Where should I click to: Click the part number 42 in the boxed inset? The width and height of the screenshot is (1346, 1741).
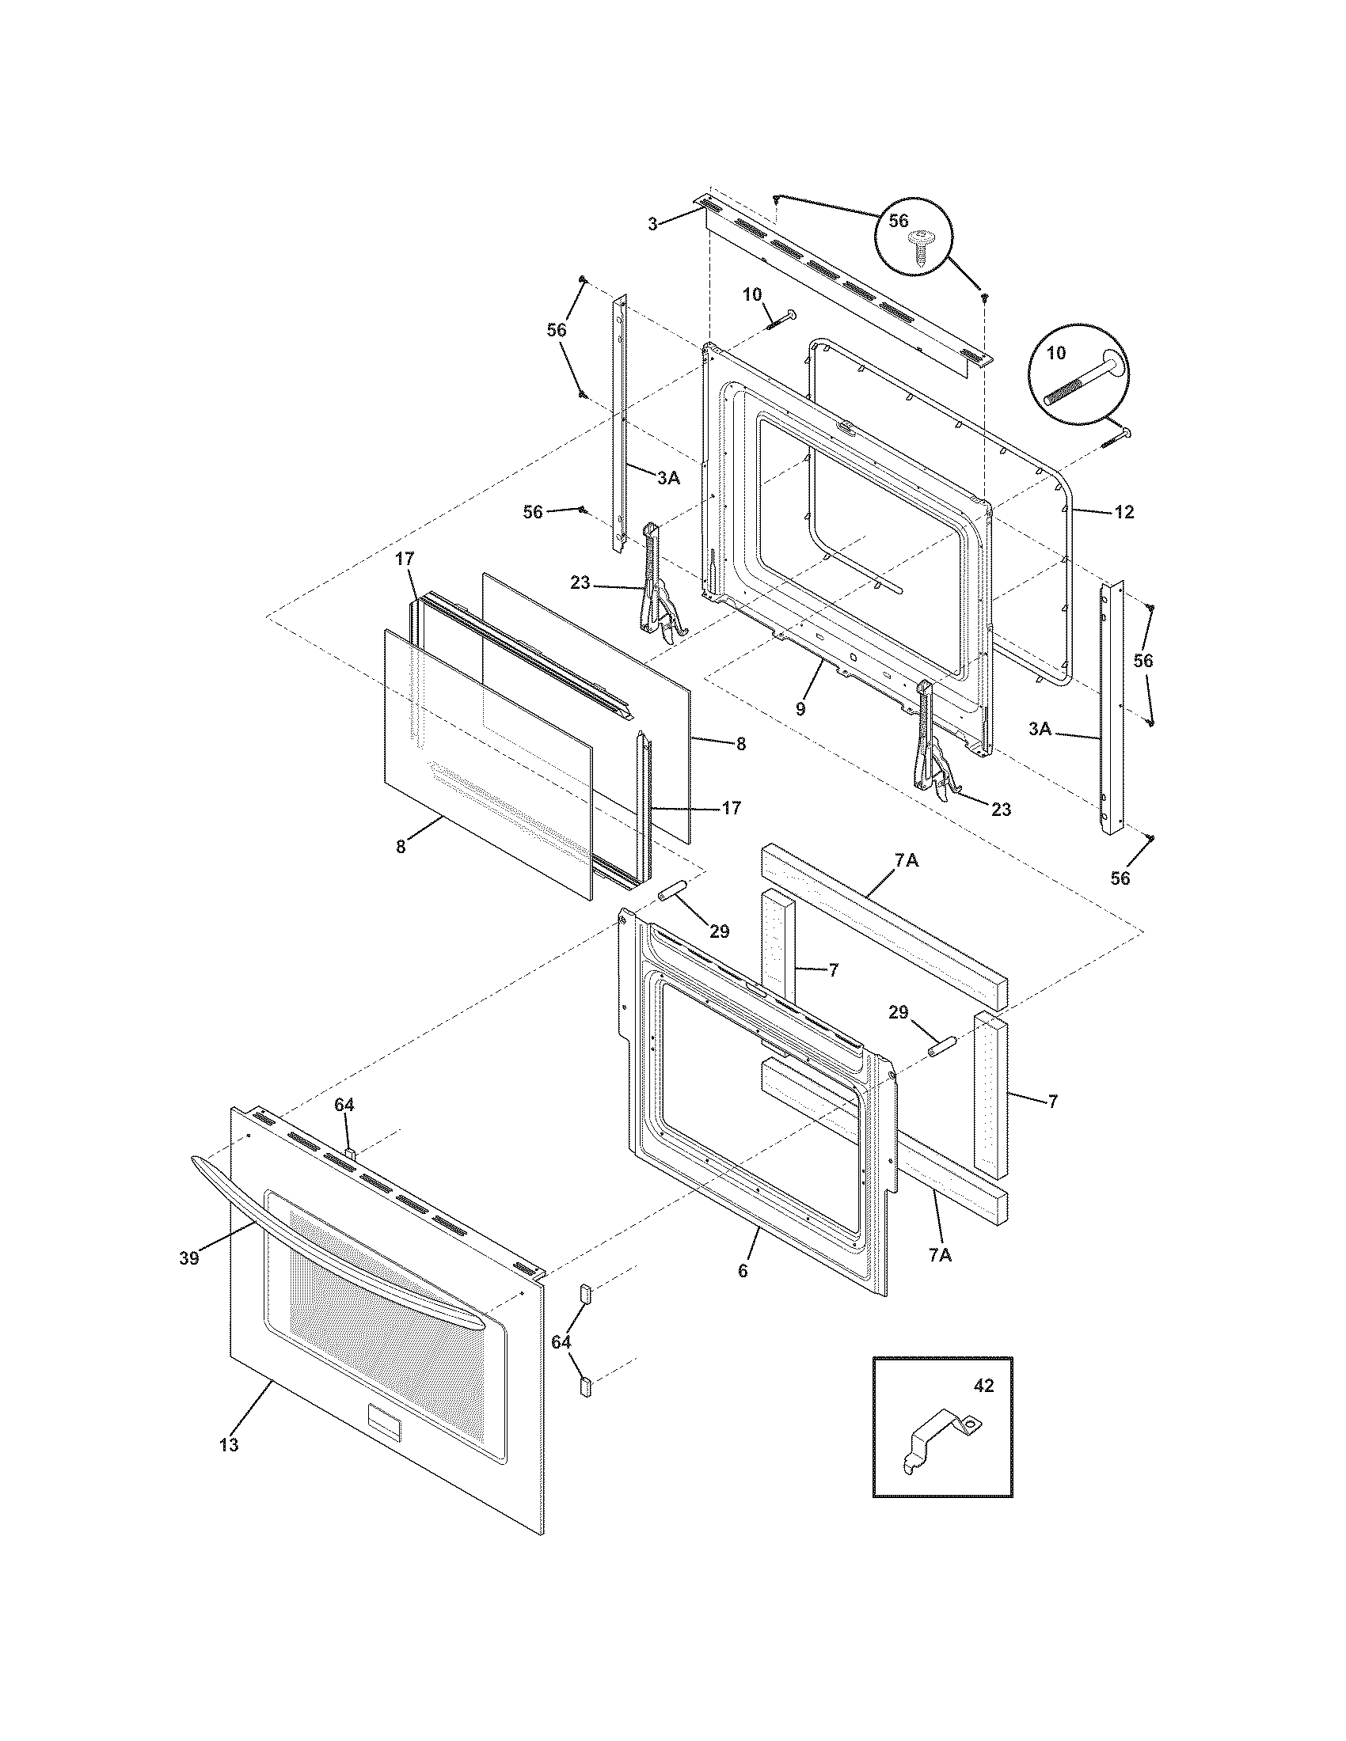point(984,1386)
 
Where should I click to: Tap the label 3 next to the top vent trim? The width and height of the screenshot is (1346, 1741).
point(653,225)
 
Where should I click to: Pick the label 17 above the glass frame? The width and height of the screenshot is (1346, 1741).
point(405,559)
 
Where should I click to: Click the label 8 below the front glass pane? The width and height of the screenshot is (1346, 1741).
point(401,847)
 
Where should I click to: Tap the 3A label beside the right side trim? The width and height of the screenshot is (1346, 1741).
point(1040,728)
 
